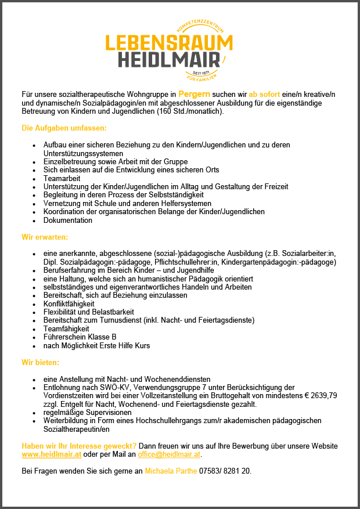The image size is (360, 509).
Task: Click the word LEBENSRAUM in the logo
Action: point(169,43)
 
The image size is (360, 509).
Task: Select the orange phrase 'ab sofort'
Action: point(265,93)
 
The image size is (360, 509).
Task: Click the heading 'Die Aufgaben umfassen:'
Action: point(64,127)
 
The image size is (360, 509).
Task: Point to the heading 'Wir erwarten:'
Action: point(45,237)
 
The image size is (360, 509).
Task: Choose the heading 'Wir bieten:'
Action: point(40,362)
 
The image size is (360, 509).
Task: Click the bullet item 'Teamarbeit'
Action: point(62,178)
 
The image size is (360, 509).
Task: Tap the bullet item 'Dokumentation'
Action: point(68,221)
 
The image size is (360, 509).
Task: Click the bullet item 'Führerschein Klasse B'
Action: point(80,337)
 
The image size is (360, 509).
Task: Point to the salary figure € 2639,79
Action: point(321,396)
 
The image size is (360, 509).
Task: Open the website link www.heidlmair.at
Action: point(51,454)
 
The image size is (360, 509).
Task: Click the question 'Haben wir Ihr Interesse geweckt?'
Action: point(79,446)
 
